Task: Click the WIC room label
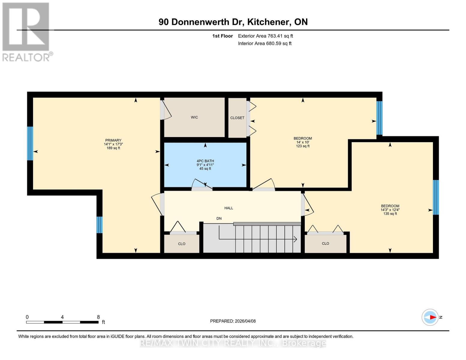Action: [x=194, y=117]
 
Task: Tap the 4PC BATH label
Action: [x=205, y=161]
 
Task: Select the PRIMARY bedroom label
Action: [x=113, y=140]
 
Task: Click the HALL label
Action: [x=229, y=208]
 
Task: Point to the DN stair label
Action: [x=219, y=218]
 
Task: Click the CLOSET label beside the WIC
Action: [x=237, y=118]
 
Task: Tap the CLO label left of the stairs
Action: [x=182, y=244]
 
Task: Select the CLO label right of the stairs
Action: [x=325, y=244]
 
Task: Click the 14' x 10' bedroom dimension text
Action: [x=303, y=142]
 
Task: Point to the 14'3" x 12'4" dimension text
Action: [x=390, y=210]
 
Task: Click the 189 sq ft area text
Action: [x=113, y=148]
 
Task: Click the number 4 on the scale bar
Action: [x=62, y=317]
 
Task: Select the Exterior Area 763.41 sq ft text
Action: [x=265, y=36]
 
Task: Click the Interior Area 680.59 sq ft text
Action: [x=265, y=43]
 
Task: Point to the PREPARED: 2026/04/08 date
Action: [x=233, y=321]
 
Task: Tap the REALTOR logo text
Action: [x=26, y=57]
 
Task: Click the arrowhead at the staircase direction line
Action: [x=296, y=239]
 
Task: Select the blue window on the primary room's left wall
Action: [x=30, y=143]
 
